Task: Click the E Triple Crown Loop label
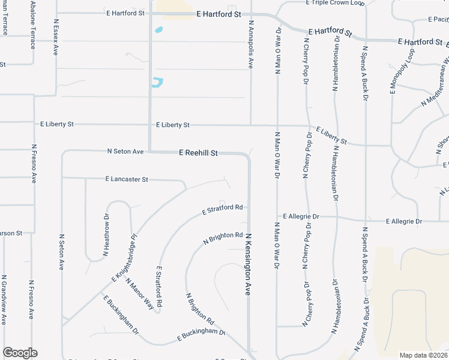point(335,3)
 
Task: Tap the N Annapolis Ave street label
point(250,45)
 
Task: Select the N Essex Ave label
point(55,37)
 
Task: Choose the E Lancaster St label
point(127,179)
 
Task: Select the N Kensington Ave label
point(247,265)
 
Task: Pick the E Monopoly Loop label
point(394,72)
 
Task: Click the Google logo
point(20,353)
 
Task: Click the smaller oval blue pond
point(158,29)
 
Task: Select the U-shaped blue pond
point(157,83)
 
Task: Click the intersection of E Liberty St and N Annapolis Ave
point(250,125)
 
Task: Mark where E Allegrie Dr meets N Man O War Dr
point(277,217)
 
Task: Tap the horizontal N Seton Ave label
point(125,151)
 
